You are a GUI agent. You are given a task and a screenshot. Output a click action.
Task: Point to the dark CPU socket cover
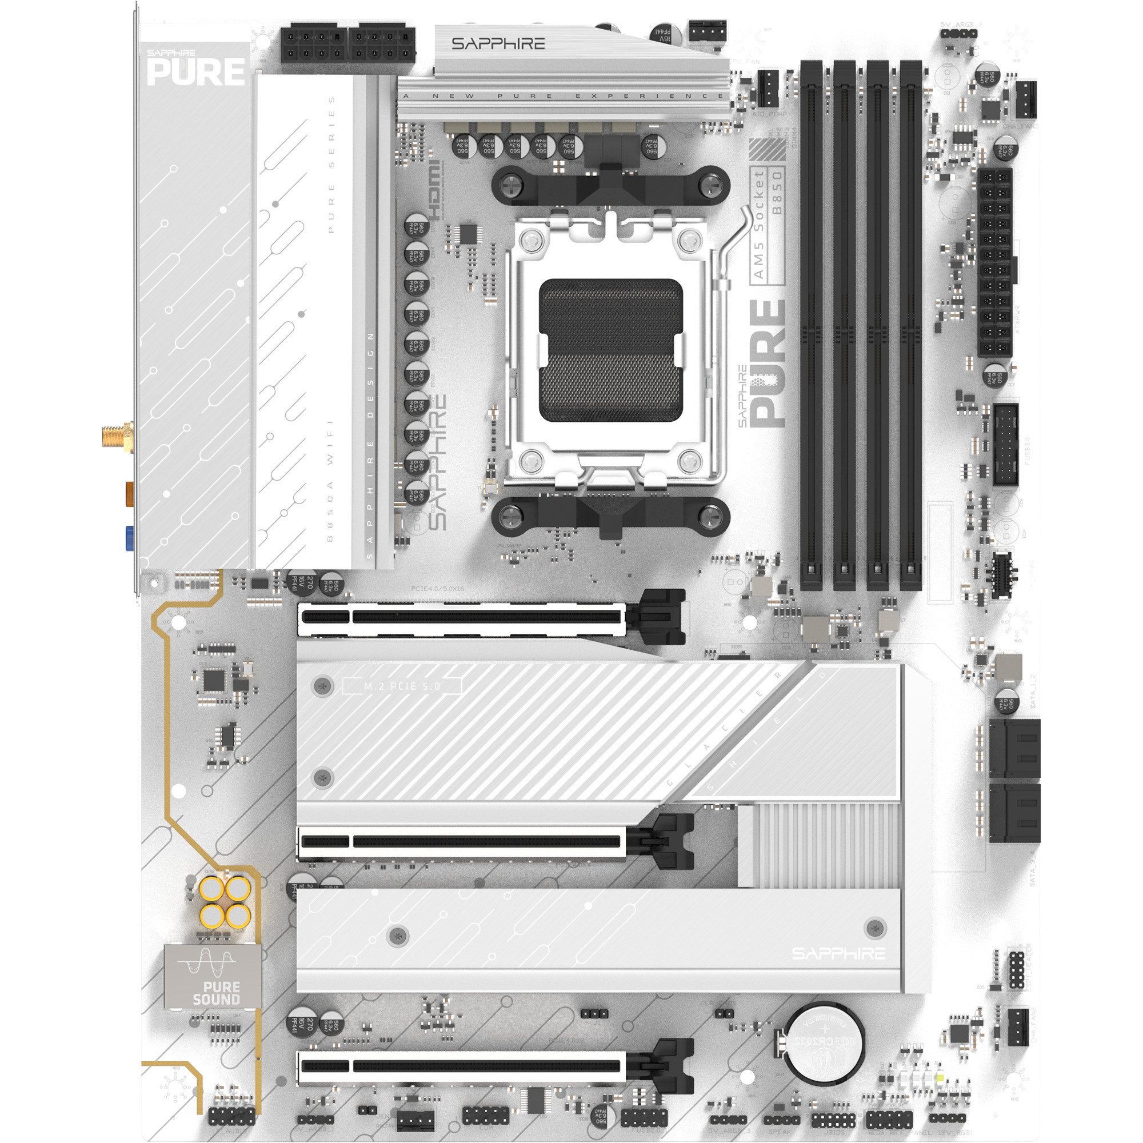click(x=611, y=350)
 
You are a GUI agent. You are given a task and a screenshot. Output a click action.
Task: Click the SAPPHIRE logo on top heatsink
click(x=498, y=44)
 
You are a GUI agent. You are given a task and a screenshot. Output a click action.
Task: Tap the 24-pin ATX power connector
click(x=995, y=262)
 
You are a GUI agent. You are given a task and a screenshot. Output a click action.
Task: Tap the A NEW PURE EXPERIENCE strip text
click(x=562, y=96)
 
